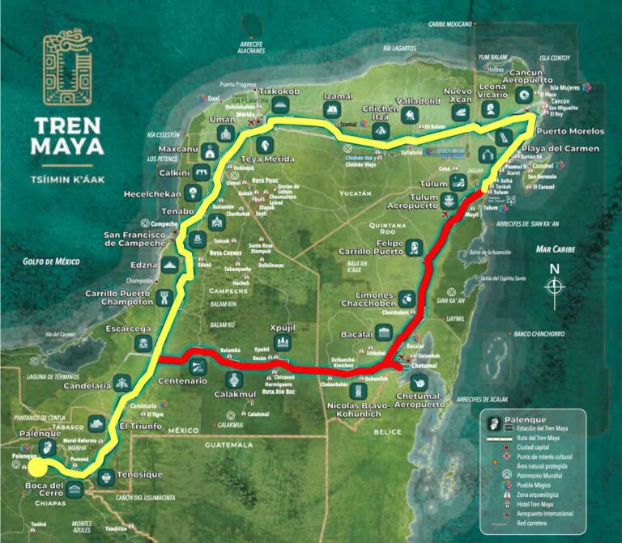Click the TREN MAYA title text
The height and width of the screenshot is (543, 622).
coord(68,137)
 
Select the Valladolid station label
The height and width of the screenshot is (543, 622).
coord(418,101)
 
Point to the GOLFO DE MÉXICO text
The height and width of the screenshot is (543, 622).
coord(55,261)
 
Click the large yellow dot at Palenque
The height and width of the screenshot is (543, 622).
coord(36,468)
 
